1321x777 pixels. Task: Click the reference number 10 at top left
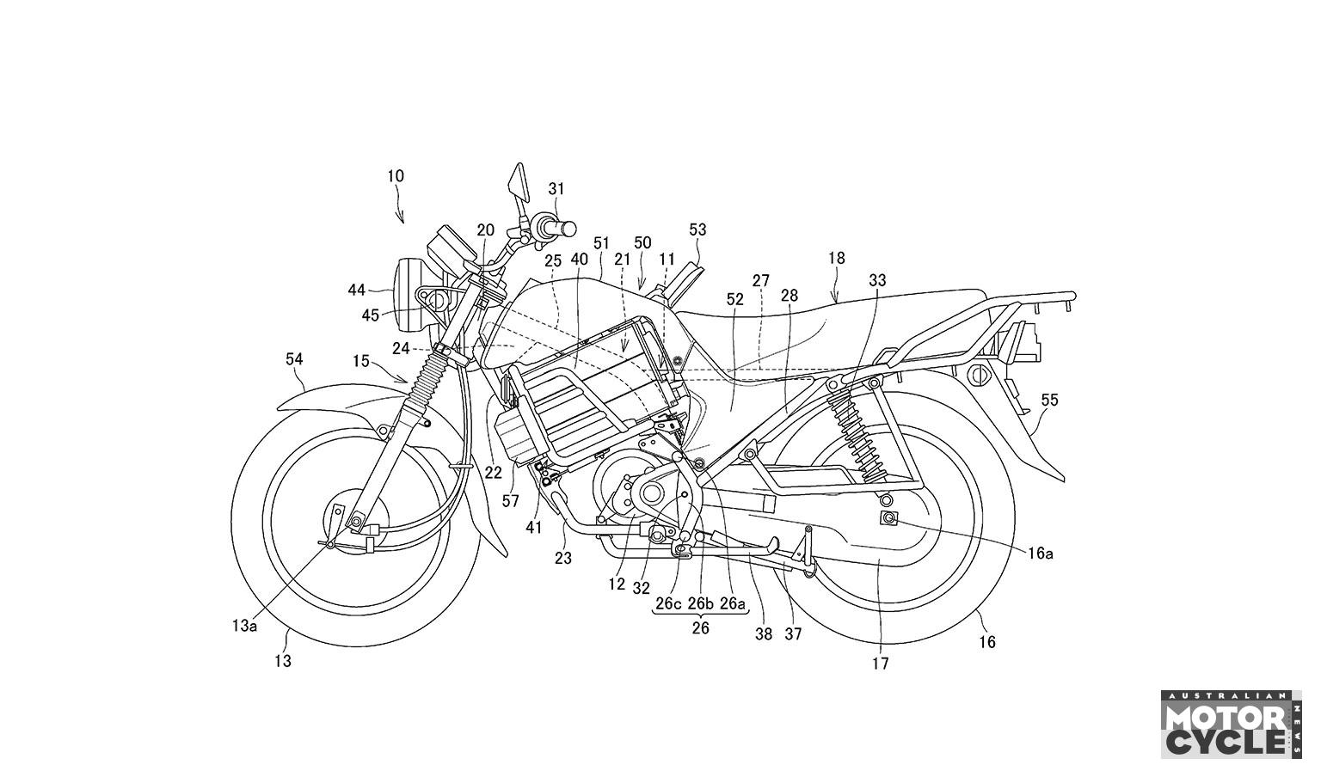tap(395, 176)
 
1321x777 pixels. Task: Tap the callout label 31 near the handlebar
tap(556, 188)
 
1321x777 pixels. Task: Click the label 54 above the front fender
tap(294, 359)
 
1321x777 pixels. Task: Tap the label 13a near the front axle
tap(244, 626)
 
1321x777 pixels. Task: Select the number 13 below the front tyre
tap(283, 661)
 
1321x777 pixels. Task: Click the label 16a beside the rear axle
tap(1040, 554)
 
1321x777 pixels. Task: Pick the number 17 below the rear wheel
tap(880, 664)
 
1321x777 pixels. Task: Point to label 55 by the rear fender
tap(1049, 400)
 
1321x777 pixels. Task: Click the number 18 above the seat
tap(837, 258)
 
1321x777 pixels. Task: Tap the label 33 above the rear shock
tap(877, 280)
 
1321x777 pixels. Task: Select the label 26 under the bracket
tap(701, 627)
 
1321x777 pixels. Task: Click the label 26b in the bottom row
tap(701, 603)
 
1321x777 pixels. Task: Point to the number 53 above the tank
tap(697, 229)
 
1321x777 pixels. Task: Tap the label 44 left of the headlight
tap(357, 290)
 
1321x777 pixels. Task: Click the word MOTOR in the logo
tap(1225, 716)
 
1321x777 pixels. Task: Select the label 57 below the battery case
tap(512, 500)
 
